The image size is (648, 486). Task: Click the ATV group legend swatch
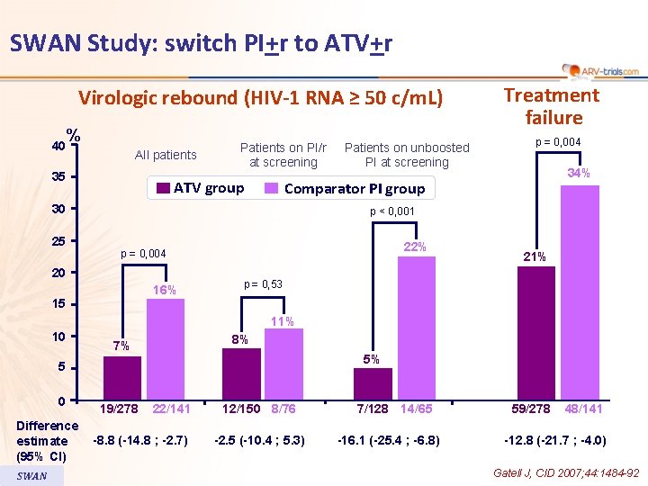[162, 188]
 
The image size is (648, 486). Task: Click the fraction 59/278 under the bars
[531, 409]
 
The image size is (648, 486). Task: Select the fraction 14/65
[416, 409]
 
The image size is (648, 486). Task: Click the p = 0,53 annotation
[263, 284]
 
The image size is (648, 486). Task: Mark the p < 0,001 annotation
[392, 212]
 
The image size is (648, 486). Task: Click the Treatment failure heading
[552, 106]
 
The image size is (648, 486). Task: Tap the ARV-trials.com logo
[600, 70]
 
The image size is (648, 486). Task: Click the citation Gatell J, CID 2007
[565, 472]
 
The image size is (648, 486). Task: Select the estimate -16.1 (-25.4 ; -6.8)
[388, 441]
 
